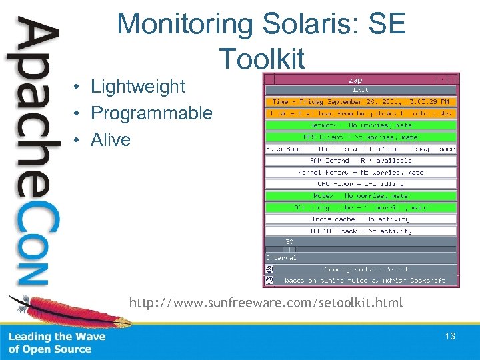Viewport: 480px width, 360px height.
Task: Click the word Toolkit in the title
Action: [261, 59]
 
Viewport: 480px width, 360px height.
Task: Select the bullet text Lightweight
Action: [138, 86]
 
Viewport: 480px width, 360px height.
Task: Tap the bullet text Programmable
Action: [151, 113]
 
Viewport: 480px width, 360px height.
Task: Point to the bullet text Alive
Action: [111, 140]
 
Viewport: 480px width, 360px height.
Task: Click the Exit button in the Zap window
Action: [361, 90]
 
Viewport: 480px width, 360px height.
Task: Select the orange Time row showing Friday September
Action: [361, 102]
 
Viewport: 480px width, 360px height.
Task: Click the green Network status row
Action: [361, 125]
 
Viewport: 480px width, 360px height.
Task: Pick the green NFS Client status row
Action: [361, 137]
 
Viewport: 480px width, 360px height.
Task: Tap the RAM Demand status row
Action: [361, 161]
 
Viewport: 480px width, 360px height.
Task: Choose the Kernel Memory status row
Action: [361, 173]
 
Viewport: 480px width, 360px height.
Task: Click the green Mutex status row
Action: [361, 196]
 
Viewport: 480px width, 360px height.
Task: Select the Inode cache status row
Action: [361, 219]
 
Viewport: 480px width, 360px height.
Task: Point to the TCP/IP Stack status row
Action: [361, 231]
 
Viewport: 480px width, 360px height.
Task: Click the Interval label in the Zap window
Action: [281, 258]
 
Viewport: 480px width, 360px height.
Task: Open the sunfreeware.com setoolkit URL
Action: [266, 303]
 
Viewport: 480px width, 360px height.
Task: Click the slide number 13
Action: [450, 336]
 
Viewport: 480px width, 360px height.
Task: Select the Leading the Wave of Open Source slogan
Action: [57, 343]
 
